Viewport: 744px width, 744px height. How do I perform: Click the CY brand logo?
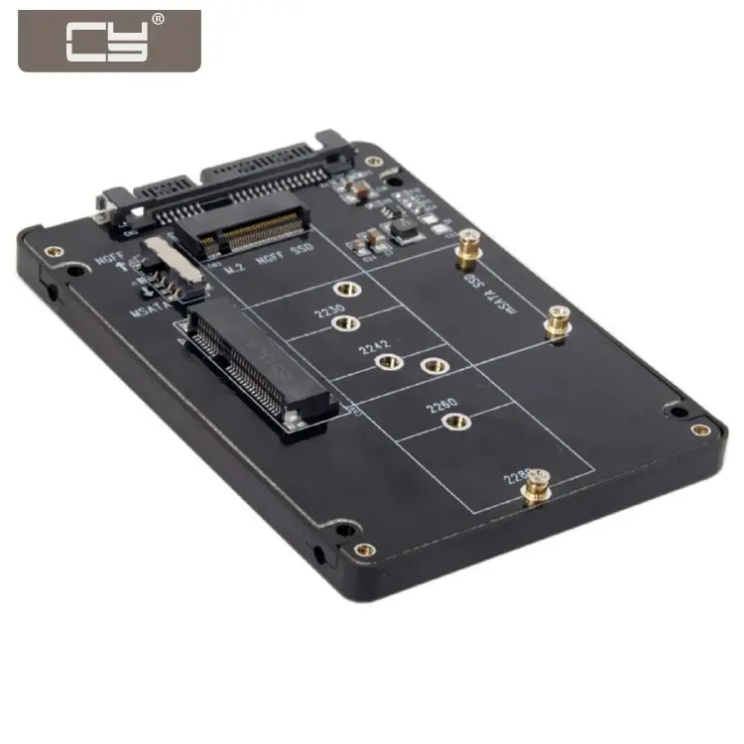(109, 41)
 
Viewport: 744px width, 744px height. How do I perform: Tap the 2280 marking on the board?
(518, 477)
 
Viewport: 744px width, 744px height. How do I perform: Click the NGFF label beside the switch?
(108, 261)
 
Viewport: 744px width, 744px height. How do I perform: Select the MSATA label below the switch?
(149, 313)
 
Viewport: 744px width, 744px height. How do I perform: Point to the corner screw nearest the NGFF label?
(54, 251)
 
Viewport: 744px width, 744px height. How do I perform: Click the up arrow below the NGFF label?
(102, 281)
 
